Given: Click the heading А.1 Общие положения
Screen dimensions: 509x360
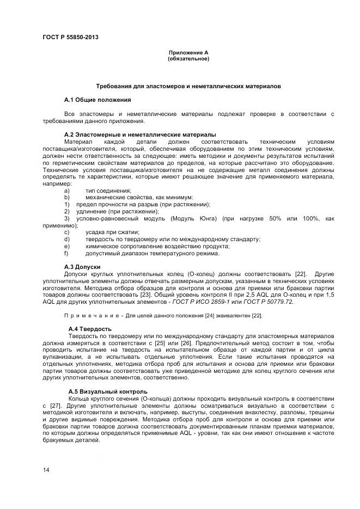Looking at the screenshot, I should click(x=97, y=100).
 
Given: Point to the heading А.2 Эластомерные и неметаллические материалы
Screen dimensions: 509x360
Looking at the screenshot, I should click(x=140, y=134).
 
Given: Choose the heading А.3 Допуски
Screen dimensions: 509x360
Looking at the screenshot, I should click(x=82, y=266).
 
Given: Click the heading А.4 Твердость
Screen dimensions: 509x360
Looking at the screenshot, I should click(x=90, y=329).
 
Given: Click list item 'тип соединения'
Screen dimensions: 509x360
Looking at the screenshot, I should click(x=108, y=191).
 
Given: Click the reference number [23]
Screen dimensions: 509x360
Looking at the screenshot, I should click(x=145, y=295).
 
